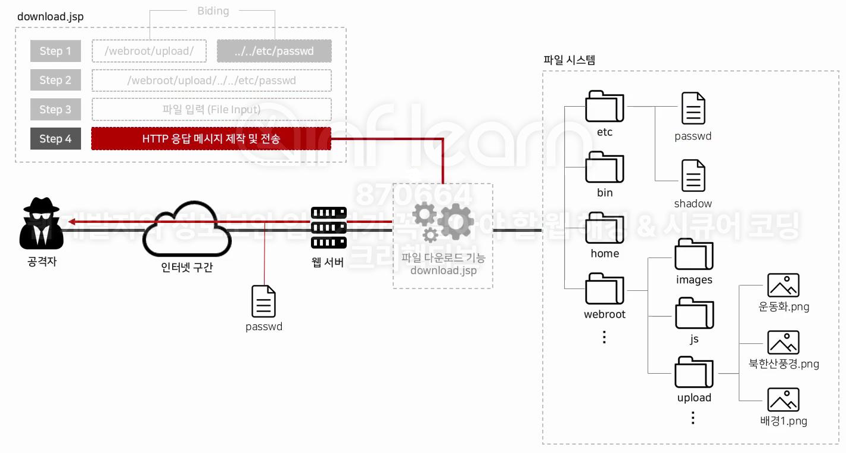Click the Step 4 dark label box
[x=55, y=139]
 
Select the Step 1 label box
[x=55, y=51]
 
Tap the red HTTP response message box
[x=211, y=139]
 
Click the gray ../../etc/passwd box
[x=274, y=51]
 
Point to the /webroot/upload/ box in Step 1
[x=149, y=51]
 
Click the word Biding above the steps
[x=213, y=11]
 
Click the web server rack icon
[x=328, y=227]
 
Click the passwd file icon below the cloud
[x=263, y=301]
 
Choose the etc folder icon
[x=604, y=107]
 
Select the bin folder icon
[x=604, y=167]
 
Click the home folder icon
[x=604, y=228]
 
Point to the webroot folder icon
[x=604, y=289]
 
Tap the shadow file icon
[x=693, y=176]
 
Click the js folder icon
[x=694, y=313]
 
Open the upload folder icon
[x=694, y=373]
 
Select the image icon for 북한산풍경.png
[x=783, y=343]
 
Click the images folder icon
[x=694, y=255]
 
